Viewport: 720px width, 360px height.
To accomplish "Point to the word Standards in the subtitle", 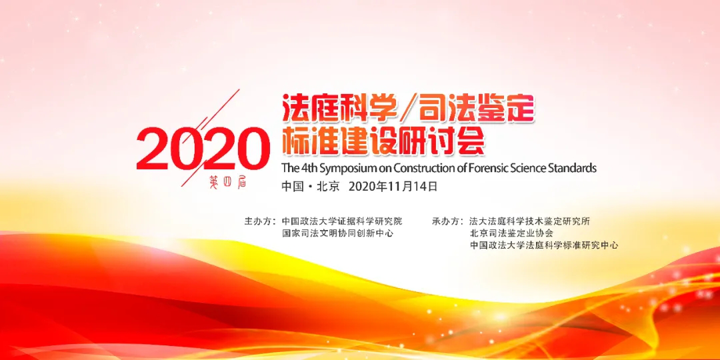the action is (572, 167).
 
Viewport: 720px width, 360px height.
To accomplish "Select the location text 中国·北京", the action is (311, 187).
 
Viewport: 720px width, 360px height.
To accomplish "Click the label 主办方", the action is (259, 221).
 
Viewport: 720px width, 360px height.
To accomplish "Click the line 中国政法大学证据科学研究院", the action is (342, 221).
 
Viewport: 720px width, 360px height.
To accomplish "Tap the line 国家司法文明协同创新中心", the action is (338, 233).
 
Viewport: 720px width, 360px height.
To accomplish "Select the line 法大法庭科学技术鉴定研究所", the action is (529, 221).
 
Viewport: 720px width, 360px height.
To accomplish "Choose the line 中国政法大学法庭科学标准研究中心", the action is (544, 245).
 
